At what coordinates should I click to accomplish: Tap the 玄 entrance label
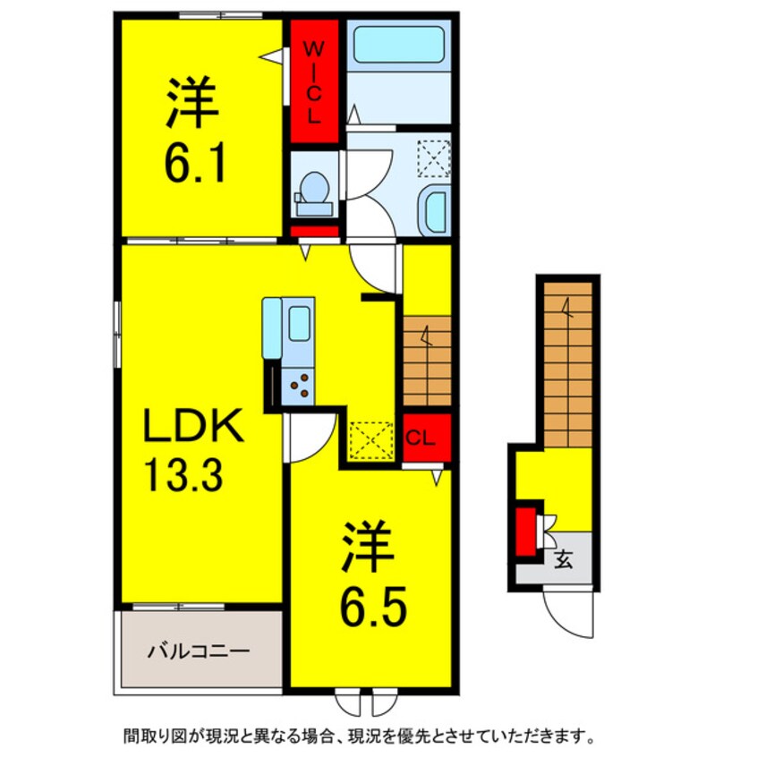564,561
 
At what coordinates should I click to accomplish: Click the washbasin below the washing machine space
435,211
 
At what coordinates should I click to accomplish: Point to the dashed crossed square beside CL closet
371,439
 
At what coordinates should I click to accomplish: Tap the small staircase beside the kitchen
427,361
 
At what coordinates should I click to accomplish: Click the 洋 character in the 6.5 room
368,549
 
